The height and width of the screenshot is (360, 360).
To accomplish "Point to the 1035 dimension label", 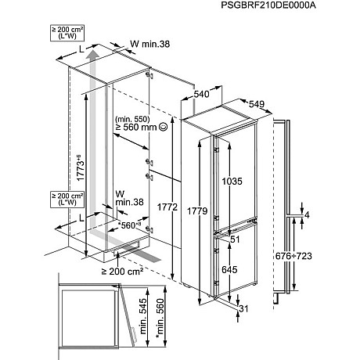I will tap(234, 182).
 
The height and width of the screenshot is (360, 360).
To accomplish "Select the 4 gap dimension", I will tap(308, 214).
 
